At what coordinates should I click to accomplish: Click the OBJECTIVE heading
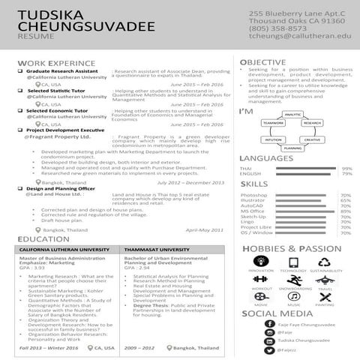(262, 62)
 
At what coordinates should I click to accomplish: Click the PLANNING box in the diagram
(293, 148)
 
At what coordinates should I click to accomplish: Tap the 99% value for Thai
(346, 169)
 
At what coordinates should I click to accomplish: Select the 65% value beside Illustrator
(346, 200)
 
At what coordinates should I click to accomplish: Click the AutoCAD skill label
(252, 205)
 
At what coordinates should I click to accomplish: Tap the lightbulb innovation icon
(262, 262)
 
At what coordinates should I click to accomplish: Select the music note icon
(293, 297)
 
